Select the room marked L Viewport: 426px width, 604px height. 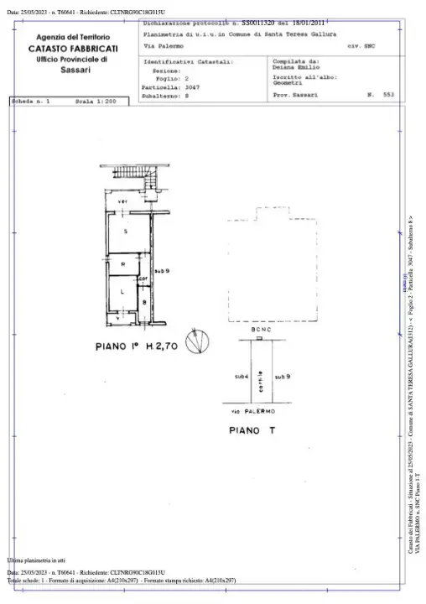point(122,292)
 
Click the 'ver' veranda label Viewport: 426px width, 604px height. point(122,202)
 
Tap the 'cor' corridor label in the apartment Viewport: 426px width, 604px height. point(143,279)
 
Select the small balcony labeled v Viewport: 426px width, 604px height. point(117,319)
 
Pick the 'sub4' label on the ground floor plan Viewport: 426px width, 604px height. point(242,377)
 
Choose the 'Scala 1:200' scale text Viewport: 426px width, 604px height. point(94,101)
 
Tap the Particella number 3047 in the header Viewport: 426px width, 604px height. point(193,86)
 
